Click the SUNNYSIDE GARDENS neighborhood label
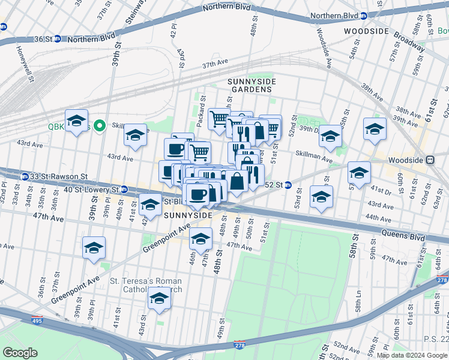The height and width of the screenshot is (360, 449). click(249, 85)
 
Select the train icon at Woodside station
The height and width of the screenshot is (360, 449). click(430, 160)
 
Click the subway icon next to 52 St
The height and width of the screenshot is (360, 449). click(288, 184)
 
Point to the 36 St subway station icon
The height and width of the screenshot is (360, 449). click(57, 39)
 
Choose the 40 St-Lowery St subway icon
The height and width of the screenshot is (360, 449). click(124, 190)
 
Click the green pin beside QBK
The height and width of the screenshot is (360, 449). click(100, 125)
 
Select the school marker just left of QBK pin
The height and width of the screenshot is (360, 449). click(77, 122)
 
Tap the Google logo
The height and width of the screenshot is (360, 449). click(20, 353)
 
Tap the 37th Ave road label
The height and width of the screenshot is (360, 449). click(215, 64)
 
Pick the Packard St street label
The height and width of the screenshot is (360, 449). click(202, 106)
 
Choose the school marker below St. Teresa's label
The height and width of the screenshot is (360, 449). click(159, 299)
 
